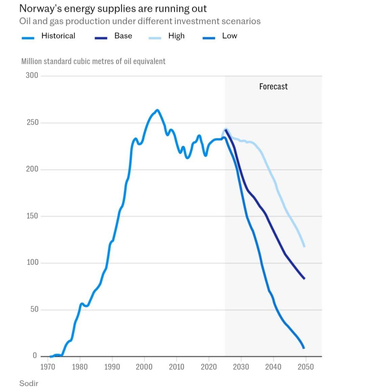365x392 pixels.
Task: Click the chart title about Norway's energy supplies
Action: [x=113, y=8]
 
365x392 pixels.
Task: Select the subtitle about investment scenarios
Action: [x=140, y=21]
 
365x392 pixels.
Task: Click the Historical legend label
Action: [x=58, y=36]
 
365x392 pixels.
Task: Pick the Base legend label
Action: [x=123, y=36]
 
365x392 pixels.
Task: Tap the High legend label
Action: [x=176, y=36]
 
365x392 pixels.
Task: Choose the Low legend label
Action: [x=229, y=36]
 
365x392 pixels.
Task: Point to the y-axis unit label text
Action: [x=93, y=61]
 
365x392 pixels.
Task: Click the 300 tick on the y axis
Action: [x=32, y=75]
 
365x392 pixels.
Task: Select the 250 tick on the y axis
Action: [x=32, y=123]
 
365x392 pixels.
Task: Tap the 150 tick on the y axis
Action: [x=32, y=216]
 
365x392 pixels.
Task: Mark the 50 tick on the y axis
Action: [x=34, y=310]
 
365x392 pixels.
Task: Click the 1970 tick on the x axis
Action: [x=48, y=367]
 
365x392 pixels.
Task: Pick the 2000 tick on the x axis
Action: [x=144, y=367]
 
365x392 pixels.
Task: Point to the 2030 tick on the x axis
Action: [x=241, y=367]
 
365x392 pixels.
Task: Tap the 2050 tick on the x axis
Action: [x=306, y=367]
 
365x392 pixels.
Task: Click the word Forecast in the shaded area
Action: [x=273, y=87]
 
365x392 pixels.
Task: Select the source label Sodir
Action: [x=29, y=384]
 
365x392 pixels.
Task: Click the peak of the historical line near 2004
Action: [x=157, y=110]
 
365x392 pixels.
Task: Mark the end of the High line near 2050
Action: [x=305, y=246]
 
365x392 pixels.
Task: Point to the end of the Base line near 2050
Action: [x=305, y=279]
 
